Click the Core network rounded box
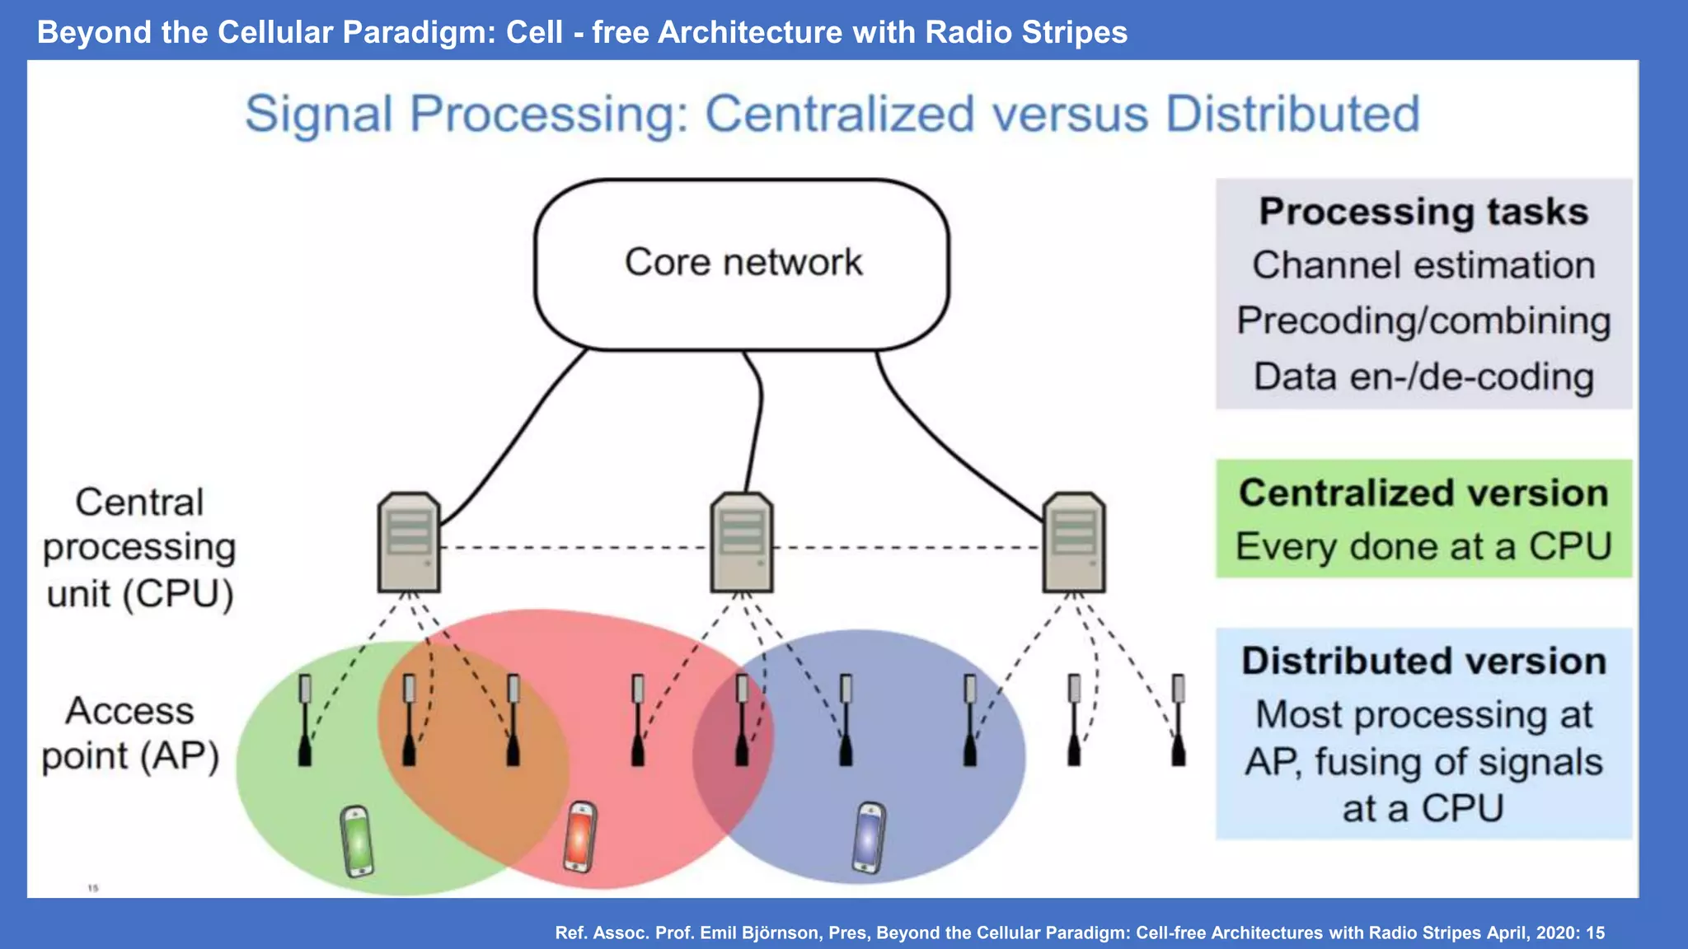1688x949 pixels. [742, 264]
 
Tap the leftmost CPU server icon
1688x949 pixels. [409, 543]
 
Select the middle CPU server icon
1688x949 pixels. [742, 543]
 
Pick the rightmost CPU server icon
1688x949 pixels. [1074, 543]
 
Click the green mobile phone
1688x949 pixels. [357, 841]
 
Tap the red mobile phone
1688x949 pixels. [580, 837]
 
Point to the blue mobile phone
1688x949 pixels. [869, 837]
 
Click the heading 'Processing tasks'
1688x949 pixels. [1423, 212]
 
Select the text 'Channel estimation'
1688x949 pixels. [1423, 266]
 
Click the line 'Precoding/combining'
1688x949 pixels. [1423, 321]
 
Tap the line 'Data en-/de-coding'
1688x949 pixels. [1423, 376]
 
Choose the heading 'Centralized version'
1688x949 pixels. [1423, 493]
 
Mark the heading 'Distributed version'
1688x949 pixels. [1423, 661]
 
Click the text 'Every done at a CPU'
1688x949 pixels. [1423, 547]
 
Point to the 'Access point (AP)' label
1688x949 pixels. [130, 733]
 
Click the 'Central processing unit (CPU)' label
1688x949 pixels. [139, 548]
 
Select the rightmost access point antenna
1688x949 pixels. [1179, 721]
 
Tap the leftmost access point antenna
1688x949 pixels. [305, 721]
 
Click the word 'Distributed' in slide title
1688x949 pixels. [1292, 114]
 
